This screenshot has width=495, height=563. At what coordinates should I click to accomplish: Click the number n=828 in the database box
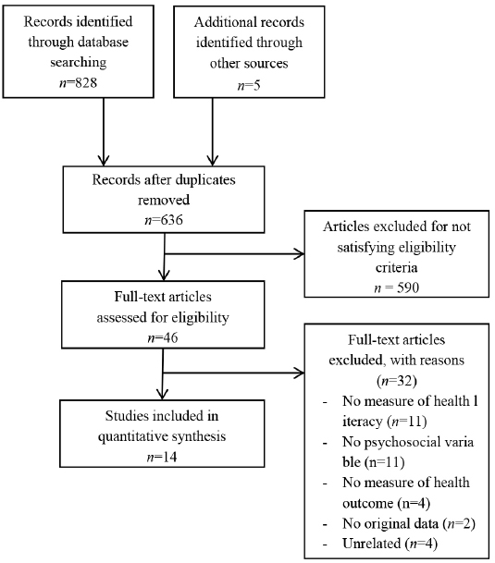pyautogui.click(x=78, y=83)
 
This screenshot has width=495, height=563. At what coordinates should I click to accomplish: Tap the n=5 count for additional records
pyautogui.click(x=249, y=85)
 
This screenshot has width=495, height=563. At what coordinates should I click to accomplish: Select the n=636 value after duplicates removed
pyautogui.click(x=164, y=220)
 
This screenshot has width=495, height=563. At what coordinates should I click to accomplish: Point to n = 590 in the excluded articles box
pyautogui.click(x=397, y=288)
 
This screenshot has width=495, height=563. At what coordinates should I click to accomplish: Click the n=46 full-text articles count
pyautogui.click(x=163, y=337)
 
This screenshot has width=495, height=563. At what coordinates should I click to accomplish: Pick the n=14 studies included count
pyautogui.click(x=162, y=457)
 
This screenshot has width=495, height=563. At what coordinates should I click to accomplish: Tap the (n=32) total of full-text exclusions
pyautogui.click(x=397, y=381)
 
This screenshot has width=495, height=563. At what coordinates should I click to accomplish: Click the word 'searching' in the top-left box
pyautogui.click(x=79, y=63)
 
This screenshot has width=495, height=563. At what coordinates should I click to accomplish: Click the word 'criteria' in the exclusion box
pyautogui.click(x=397, y=267)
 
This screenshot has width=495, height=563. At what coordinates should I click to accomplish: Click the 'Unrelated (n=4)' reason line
pyautogui.click(x=390, y=544)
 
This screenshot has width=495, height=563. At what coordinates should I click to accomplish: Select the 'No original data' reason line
pyautogui.click(x=390, y=523)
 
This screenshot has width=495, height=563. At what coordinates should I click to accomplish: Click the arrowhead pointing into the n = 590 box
pyautogui.click(x=300, y=254)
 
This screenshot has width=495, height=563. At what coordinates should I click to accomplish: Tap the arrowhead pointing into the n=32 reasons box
pyautogui.click(x=300, y=373)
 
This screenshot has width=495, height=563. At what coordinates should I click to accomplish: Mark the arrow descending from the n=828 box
pyautogui.click(x=104, y=131)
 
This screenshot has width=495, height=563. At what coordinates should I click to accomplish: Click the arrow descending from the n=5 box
pyautogui.click(x=213, y=131)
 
